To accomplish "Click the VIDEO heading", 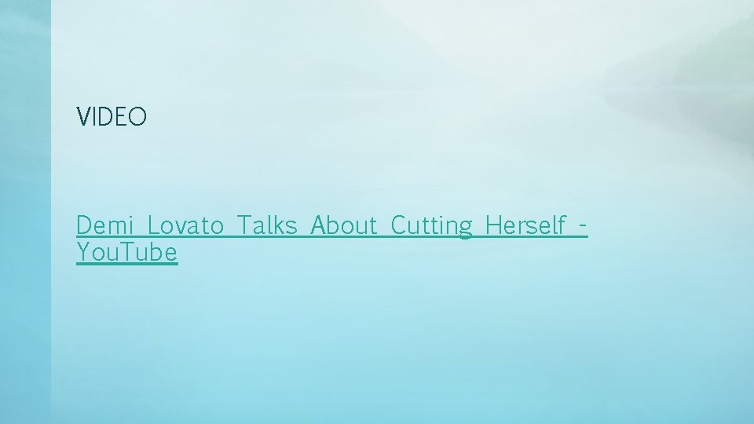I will [112, 118].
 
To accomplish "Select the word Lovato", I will [186, 226].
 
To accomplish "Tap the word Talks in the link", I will [268, 226].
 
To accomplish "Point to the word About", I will [345, 226].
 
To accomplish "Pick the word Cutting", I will [431, 227].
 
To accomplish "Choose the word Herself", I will [525, 226].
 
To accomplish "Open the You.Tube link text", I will [127, 253].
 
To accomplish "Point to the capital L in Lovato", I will [153, 226].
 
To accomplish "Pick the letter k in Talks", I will [283, 226].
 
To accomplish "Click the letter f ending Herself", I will [561, 226].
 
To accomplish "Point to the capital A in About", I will [319, 226].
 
